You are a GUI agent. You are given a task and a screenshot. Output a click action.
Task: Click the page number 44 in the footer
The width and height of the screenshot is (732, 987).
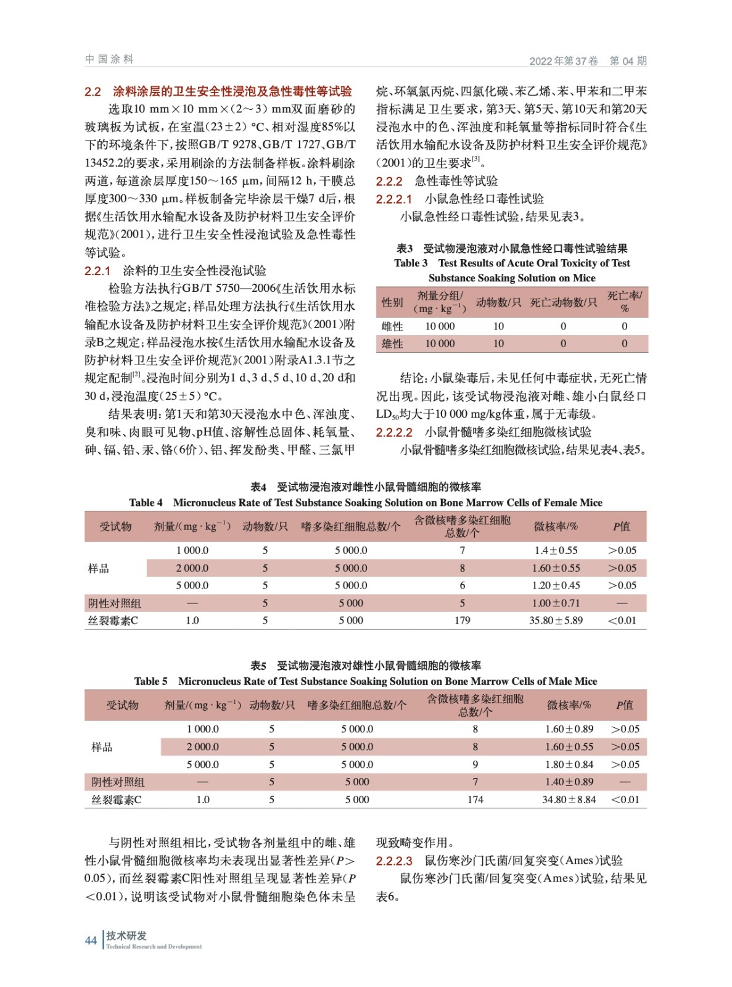coord(91,940)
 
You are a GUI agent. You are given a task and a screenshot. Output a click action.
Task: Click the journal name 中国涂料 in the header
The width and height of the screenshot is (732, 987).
coord(109,59)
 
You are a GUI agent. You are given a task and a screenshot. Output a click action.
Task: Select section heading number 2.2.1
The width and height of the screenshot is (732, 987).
coord(97,271)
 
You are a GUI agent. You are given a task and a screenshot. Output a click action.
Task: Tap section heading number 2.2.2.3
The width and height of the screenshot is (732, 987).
coord(394,861)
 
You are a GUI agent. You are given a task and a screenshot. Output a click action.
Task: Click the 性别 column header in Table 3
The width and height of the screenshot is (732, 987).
coord(392,302)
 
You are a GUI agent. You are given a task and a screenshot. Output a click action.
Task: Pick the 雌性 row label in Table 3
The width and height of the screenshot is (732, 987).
coord(392,326)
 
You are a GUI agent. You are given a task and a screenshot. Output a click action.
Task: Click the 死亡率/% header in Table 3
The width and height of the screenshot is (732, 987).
coord(624,302)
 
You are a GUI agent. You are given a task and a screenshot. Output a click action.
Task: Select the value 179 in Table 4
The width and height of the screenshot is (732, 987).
coord(462,621)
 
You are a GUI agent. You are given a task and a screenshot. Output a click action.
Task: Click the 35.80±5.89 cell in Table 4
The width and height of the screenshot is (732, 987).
coord(556,621)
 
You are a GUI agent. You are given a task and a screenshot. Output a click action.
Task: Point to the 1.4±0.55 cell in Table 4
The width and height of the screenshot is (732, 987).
coord(556,550)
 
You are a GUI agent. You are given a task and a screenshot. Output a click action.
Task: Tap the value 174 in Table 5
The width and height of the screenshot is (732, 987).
coord(475,799)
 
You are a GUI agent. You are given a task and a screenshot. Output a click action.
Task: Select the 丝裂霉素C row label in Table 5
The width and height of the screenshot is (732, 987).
coord(117,799)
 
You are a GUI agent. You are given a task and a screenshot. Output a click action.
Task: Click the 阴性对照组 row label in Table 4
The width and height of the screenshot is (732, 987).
coord(114,603)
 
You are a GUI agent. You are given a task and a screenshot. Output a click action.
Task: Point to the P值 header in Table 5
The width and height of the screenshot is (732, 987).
coord(624,705)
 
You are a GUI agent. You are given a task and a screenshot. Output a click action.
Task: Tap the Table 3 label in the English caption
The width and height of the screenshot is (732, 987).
coord(411,263)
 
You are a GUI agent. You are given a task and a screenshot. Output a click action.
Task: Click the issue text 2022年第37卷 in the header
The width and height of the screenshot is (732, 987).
coord(564,60)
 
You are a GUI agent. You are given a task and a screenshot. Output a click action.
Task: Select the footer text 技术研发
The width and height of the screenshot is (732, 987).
coord(126,936)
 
